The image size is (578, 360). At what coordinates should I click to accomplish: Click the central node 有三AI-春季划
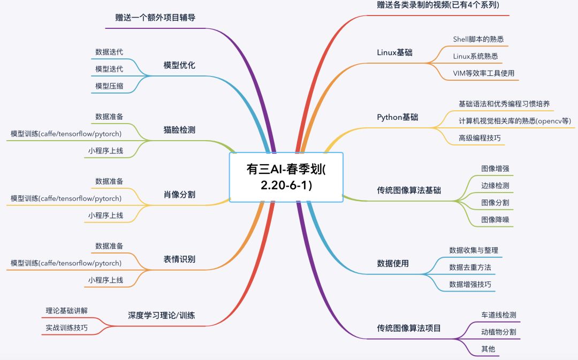tap(286, 177)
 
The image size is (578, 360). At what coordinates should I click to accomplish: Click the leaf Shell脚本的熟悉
tap(478, 39)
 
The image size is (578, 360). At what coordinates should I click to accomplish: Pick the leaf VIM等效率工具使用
tap(483, 73)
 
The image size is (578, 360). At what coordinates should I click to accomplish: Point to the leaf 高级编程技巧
tap(480, 138)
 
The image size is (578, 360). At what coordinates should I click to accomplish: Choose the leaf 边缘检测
tap(495, 186)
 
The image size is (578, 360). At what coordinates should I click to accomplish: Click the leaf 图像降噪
tap(495, 219)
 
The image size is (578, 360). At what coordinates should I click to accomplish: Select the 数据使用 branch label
tap(393, 263)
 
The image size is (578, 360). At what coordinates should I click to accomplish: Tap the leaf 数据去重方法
tap(470, 267)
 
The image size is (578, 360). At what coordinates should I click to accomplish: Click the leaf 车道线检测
tap(499, 315)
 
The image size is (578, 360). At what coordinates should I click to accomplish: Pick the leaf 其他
tap(488, 349)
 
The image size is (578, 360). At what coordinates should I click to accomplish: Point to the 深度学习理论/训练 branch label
tap(162, 315)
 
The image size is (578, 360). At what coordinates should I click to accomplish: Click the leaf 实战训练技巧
tap(66, 327)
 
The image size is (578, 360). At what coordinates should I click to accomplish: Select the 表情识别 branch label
tap(179, 259)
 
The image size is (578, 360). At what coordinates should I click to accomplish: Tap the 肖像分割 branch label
tap(179, 194)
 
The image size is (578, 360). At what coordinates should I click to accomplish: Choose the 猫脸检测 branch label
tap(179, 129)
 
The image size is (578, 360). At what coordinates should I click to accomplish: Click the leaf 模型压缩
tap(109, 86)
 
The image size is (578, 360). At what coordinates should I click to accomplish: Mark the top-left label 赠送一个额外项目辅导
tap(155, 17)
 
